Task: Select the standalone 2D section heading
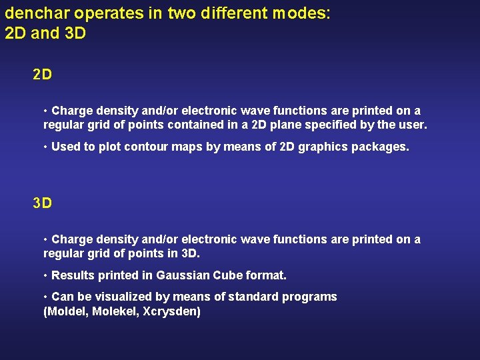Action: tap(42, 75)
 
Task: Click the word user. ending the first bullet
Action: tap(412, 125)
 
